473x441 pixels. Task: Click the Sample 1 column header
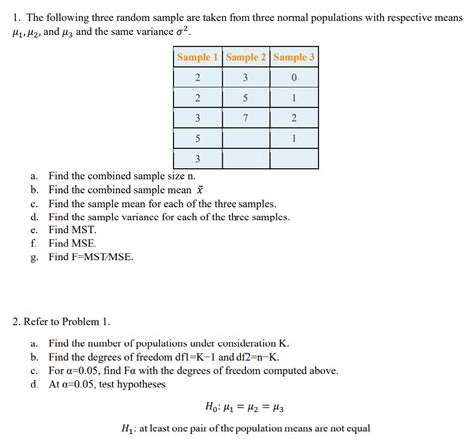coord(197,57)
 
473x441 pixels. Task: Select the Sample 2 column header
coord(245,57)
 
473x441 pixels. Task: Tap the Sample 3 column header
coord(293,57)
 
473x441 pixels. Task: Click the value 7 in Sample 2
coord(245,118)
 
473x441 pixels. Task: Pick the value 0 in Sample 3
coord(294,78)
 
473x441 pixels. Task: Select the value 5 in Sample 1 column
coord(197,138)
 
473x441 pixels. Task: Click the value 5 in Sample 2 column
coord(245,98)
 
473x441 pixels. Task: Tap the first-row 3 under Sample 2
coord(245,78)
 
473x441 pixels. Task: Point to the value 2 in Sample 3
coord(294,118)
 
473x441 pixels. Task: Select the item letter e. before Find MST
coord(34,228)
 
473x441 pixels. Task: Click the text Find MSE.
coord(73,242)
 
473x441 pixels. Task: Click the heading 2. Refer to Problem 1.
coord(61,321)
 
